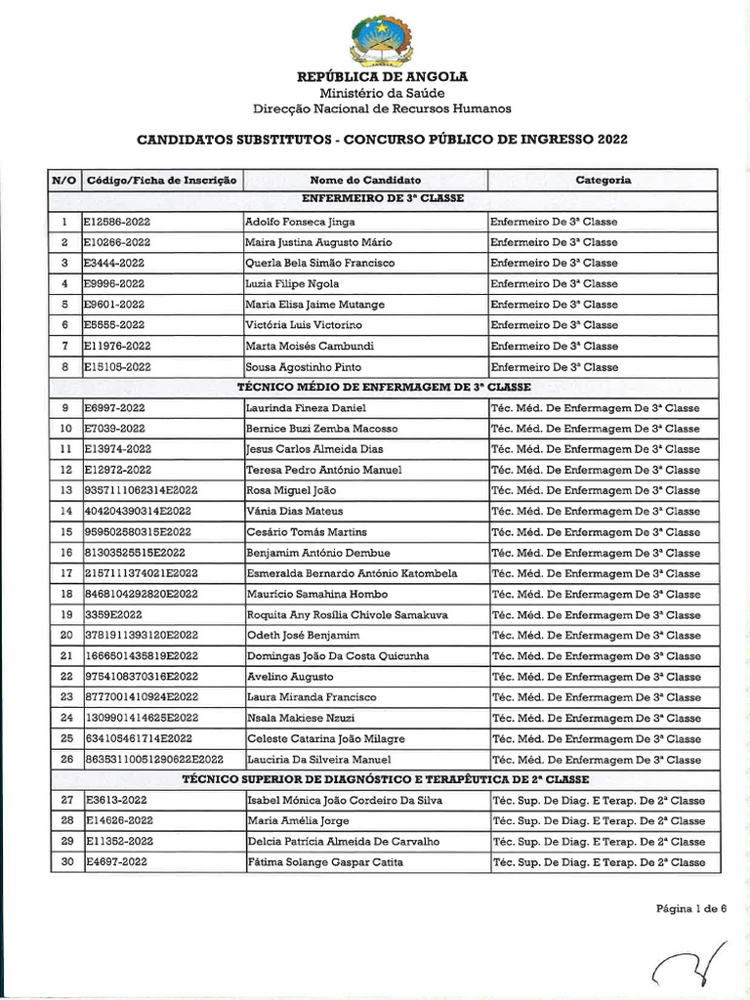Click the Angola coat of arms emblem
coord(382,38)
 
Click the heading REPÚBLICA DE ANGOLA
coord(382,76)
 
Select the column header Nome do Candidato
coord(365,181)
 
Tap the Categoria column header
coord(603,181)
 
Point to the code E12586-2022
coord(117,222)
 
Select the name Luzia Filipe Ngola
coord(292,284)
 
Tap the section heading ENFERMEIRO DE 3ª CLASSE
coord(383,199)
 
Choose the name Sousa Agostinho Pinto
coord(303,367)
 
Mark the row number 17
coord(65,574)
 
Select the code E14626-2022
coord(118,821)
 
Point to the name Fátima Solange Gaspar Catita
coord(318,862)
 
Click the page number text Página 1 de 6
coord(691,908)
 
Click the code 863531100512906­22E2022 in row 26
coord(153,760)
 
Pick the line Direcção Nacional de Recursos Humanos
coord(382,108)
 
